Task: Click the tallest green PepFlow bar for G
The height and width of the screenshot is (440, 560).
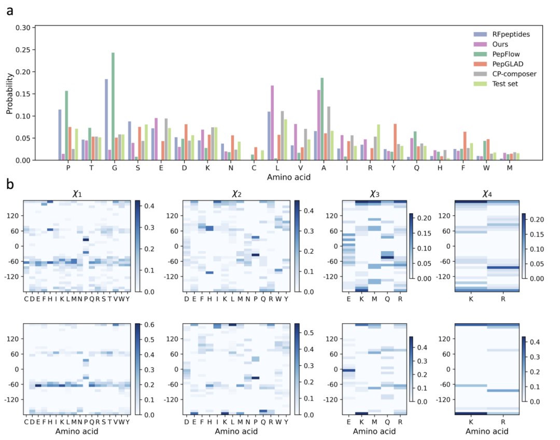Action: click(113, 106)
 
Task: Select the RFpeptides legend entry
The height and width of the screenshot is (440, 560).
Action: click(501, 34)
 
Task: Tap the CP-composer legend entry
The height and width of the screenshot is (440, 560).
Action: click(505, 74)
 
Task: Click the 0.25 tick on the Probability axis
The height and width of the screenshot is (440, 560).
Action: click(25, 50)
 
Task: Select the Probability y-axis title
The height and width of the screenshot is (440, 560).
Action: click(9, 93)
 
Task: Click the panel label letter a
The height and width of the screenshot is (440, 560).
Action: click(10, 11)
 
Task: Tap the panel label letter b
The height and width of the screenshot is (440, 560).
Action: click(10, 184)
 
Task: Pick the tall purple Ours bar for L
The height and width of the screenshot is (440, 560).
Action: click(273, 122)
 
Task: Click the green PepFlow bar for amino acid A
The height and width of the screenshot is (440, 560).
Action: click(322, 119)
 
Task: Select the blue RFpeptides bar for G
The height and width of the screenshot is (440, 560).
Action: click(106, 119)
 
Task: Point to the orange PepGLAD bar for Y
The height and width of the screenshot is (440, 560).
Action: click(395, 142)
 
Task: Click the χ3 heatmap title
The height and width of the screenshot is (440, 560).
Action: click(375, 194)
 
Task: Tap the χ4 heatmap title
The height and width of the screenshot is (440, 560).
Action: click(487, 194)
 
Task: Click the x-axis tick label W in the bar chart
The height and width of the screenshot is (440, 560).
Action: click(486, 168)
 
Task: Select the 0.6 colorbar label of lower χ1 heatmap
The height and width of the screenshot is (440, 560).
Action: click(150, 324)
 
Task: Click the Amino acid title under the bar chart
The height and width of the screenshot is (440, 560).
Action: click(289, 177)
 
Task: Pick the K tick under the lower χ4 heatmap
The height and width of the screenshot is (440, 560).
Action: click(471, 422)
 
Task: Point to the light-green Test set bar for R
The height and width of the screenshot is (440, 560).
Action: click(379, 142)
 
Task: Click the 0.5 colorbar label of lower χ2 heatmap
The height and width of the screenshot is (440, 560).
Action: click(309, 333)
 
